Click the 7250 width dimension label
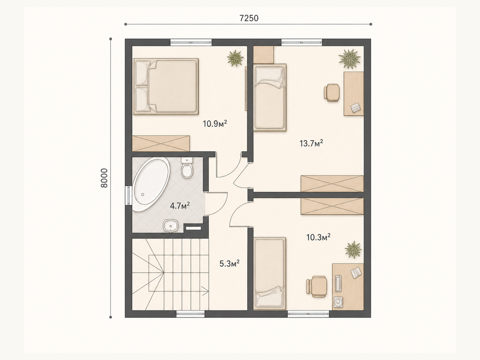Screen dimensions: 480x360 (x=249, y=18)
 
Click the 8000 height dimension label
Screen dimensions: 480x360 (x=104, y=178)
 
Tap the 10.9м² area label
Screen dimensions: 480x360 (x=215, y=124)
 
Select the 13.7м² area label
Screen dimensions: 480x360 (x=311, y=143)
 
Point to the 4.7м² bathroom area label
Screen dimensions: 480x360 (x=180, y=206)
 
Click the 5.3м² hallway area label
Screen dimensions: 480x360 (x=229, y=264)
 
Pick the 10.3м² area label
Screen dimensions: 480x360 (x=318, y=237)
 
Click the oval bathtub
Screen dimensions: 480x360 (x=151, y=184)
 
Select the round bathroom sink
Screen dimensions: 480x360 (x=170, y=226)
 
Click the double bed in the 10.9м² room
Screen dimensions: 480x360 (x=166, y=86)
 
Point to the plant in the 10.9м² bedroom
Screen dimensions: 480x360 (x=235, y=58)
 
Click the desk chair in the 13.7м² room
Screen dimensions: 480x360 (x=332, y=93)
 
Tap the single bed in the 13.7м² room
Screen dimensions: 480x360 (x=270, y=97)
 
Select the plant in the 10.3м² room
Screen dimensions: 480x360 (x=353, y=250)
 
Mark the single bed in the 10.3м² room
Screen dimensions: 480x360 (x=270, y=274)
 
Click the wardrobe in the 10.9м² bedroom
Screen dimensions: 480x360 (x=161, y=143)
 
